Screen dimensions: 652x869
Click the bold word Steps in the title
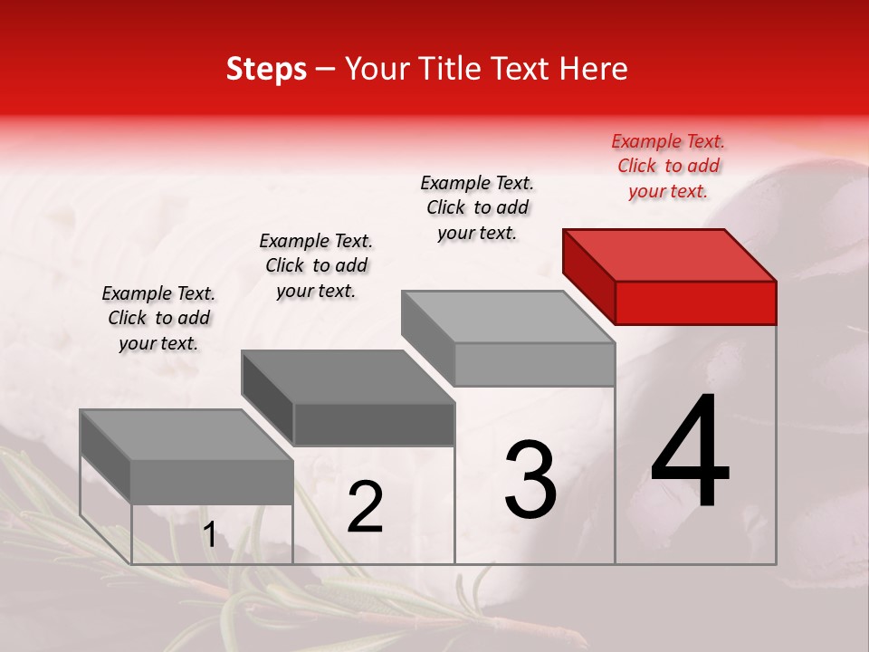tap(266, 69)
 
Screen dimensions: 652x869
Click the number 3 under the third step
tap(530, 481)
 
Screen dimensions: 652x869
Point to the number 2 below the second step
tap(365, 507)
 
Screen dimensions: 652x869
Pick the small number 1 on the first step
tap(209, 535)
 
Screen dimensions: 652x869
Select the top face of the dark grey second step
tap(349, 377)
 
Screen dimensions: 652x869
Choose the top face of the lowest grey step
tap(186, 436)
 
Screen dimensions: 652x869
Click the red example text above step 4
tap(668, 166)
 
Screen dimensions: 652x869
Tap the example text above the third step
tap(477, 207)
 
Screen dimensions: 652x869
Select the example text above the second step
tap(316, 265)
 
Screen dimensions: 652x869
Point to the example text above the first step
tap(158, 318)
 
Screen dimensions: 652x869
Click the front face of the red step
tap(695, 302)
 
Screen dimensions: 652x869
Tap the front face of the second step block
tap(374, 424)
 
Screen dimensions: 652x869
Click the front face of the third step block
tap(534, 364)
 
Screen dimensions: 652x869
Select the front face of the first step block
tap(212, 482)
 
